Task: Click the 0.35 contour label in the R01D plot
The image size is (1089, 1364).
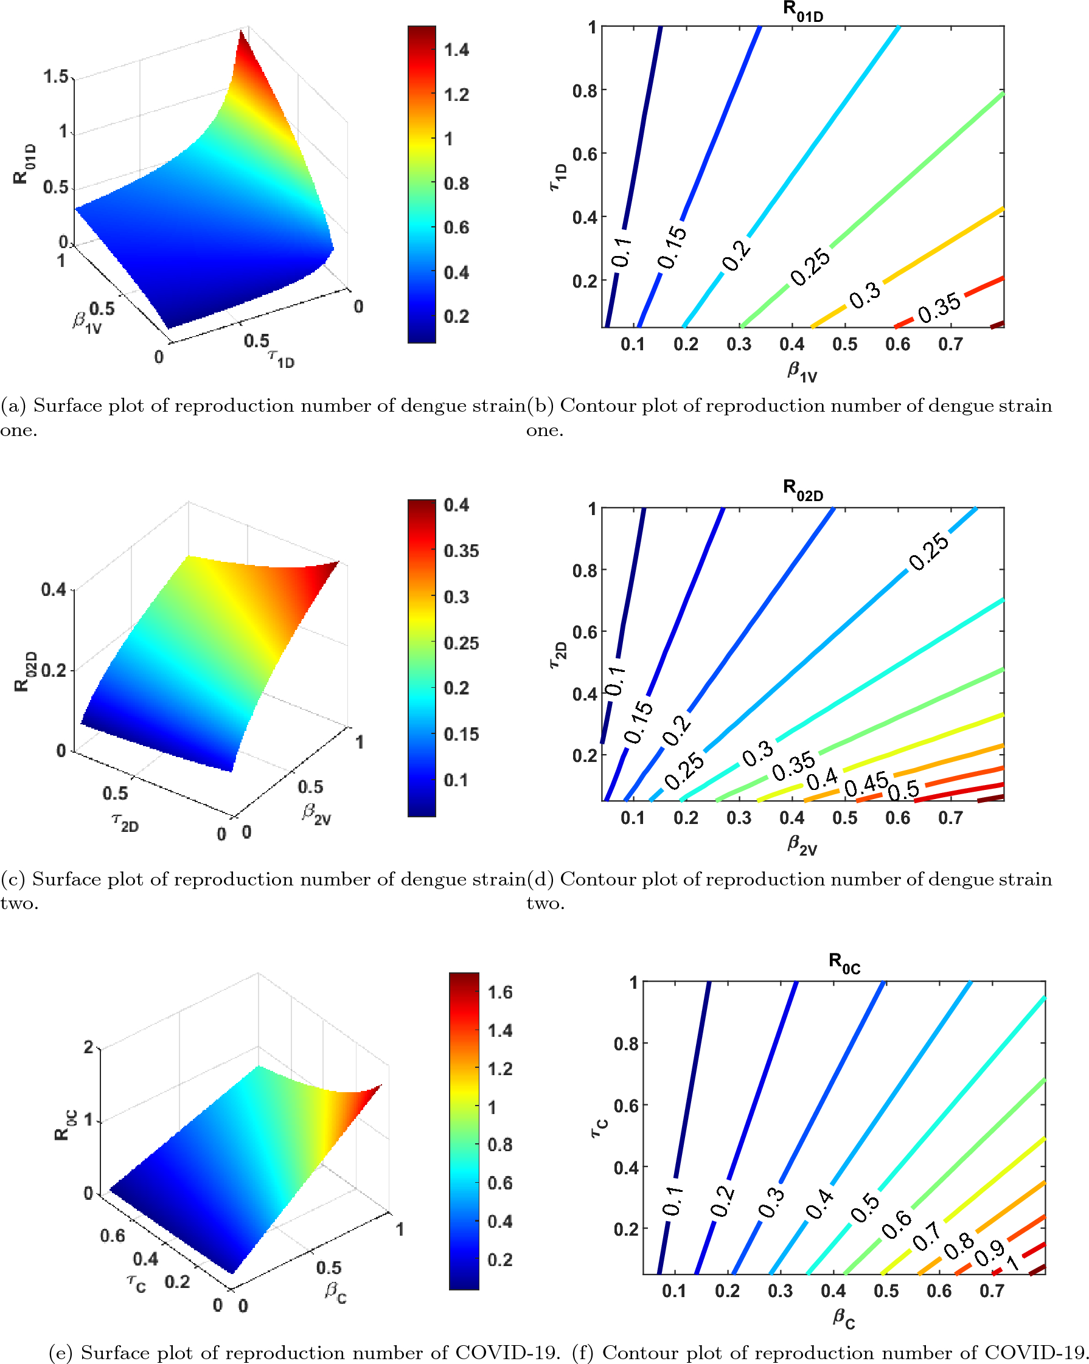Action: tap(939, 308)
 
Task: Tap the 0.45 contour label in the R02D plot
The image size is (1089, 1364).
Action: tap(866, 785)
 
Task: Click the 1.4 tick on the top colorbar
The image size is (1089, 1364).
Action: tap(456, 50)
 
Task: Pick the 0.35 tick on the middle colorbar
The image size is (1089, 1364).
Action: tap(461, 550)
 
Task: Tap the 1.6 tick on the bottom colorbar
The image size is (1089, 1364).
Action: tap(500, 992)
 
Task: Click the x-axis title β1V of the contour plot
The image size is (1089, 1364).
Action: tap(802, 372)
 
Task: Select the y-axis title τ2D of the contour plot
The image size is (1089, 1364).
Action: tap(557, 654)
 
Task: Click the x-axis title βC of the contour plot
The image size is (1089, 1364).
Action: tap(843, 1318)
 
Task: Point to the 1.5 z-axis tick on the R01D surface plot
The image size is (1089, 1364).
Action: tap(56, 77)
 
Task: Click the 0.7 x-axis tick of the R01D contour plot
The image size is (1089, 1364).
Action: tap(950, 344)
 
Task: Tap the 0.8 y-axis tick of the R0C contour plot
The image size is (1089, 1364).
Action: tap(625, 1044)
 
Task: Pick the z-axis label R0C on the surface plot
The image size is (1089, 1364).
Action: tap(62, 1124)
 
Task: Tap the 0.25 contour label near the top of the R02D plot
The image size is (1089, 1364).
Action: tap(928, 551)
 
